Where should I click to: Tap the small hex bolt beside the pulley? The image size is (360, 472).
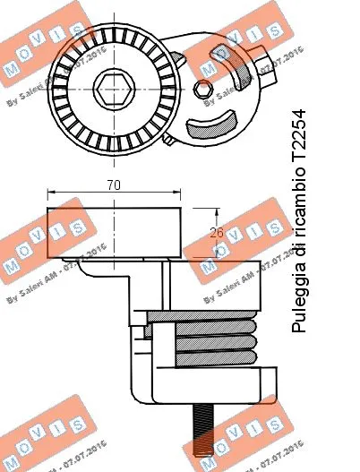[204, 89]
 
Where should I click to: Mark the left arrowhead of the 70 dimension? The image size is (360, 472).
[50, 192]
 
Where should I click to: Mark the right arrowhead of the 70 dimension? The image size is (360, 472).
[177, 192]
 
